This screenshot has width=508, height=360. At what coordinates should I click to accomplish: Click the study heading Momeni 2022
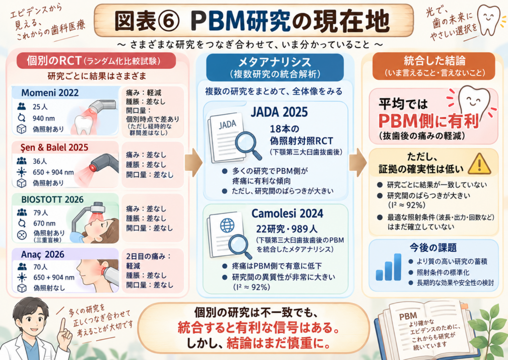(50, 93)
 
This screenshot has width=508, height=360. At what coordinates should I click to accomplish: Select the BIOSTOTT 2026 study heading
(52, 200)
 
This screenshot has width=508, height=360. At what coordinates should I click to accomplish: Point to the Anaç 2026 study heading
(43, 254)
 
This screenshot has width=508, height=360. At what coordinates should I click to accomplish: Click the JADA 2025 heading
(279, 112)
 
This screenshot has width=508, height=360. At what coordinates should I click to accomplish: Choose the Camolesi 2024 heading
(287, 214)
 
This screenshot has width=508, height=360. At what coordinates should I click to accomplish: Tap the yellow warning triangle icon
(480, 164)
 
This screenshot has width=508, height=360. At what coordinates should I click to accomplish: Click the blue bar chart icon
(388, 267)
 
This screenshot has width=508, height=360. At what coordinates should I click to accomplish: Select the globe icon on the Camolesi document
(227, 225)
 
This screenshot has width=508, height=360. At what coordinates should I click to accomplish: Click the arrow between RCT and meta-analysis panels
(193, 162)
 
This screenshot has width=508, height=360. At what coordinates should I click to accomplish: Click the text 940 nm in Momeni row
(44, 118)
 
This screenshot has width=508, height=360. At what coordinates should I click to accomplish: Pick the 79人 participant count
(41, 213)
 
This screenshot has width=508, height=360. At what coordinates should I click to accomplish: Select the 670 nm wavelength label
(44, 223)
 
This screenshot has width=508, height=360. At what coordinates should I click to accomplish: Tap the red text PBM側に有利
(429, 121)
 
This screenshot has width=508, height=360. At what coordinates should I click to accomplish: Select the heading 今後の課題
(433, 248)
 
